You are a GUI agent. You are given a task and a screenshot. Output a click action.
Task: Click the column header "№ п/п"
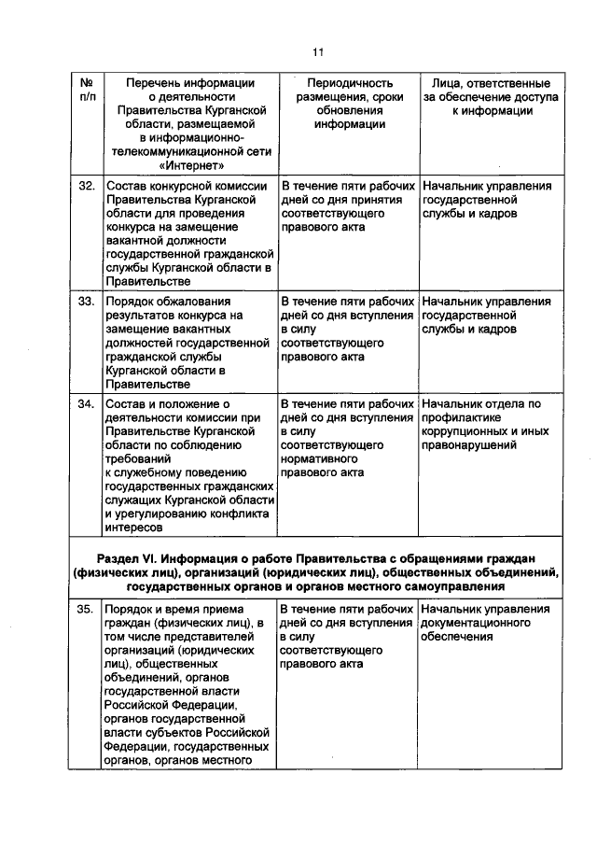coord(87,89)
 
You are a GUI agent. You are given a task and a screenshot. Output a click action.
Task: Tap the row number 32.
coord(86,186)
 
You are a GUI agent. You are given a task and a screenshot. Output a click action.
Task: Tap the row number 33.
coord(86,302)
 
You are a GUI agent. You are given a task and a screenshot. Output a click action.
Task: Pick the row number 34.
coord(86,404)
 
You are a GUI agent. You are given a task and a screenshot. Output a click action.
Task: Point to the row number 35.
coord(86,609)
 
